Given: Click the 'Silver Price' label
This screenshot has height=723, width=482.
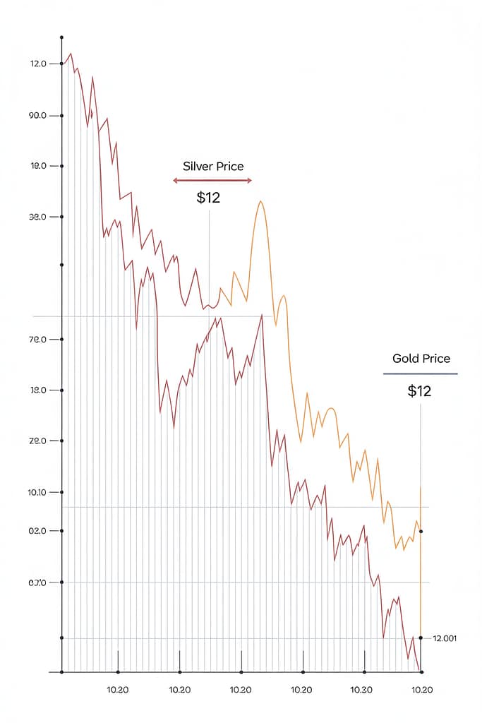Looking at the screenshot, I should [x=212, y=167].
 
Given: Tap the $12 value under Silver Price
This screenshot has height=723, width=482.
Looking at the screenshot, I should [x=208, y=198].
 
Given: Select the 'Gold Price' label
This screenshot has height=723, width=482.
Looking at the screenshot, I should [x=421, y=359].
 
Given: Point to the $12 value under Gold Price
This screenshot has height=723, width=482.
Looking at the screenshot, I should [x=419, y=391].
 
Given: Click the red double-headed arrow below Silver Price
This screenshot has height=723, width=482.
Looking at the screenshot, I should [x=212, y=181].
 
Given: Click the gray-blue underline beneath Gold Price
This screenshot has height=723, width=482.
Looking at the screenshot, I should [x=421, y=374].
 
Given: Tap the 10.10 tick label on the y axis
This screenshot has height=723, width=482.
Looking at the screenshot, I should [x=37, y=492].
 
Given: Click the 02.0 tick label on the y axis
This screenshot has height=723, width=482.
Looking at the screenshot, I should [x=37, y=531].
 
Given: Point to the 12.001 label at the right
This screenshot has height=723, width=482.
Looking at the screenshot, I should [x=445, y=638].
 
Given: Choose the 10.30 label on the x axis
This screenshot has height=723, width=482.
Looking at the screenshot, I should [x=361, y=690].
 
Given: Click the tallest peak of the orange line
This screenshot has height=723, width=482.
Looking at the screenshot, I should [x=260, y=202].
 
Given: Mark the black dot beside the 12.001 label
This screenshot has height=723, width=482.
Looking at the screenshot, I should [x=421, y=638].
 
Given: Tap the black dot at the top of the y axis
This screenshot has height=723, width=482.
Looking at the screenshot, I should [x=62, y=37].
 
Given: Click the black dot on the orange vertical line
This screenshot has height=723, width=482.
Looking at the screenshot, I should [x=421, y=531].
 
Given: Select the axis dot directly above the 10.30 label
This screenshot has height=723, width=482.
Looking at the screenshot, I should [x=364, y=671].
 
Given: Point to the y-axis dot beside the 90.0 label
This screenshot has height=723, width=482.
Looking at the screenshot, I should [x=62, y=115].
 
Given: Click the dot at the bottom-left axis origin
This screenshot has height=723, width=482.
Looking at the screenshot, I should [x=62, y=671].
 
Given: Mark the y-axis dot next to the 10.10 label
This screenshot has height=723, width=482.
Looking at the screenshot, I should [x=62, y=492].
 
